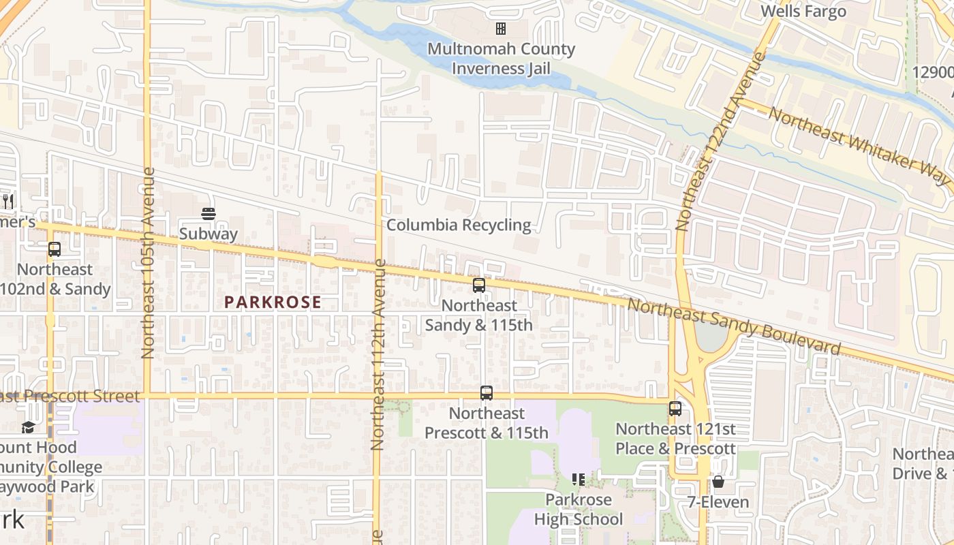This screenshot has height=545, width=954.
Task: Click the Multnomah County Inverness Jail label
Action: (x=501, y=59)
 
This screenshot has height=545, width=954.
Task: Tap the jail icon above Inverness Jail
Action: (x=501, y=29)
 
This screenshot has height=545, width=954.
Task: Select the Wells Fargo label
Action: (x=803, y=11)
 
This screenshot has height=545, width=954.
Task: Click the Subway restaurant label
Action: (x=209, y=234)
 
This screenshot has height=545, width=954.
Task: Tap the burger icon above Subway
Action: (x=209, y=214)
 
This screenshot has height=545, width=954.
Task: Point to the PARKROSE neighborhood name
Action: (x=273, y=302)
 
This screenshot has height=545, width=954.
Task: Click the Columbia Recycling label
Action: (x=458, y=225)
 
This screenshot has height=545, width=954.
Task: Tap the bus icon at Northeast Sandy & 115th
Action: (x=479, y=285)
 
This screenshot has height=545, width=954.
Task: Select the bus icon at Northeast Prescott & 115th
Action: (x=487, y=393)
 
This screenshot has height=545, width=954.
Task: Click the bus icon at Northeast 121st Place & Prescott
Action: (x=675, y=409)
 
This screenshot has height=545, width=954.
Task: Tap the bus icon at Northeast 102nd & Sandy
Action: (x=55, y=249)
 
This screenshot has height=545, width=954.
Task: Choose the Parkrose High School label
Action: (x=578, y=510)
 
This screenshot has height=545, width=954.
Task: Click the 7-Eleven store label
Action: (x=718, y=503)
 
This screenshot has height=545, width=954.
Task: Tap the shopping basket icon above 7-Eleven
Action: (x=718, y=482)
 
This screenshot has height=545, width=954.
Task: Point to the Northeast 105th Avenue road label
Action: (x=147, y=262)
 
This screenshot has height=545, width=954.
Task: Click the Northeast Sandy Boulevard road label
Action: (x=734, y=327)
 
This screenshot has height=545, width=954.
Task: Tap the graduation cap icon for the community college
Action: (x=28, y=427)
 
